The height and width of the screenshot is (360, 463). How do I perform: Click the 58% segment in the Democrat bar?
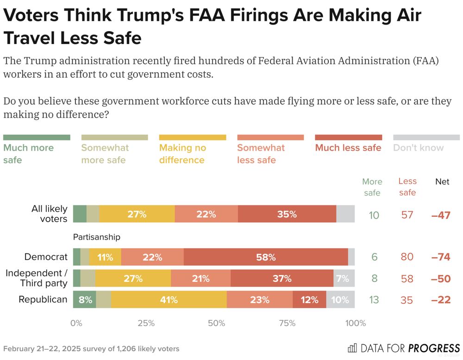pyautogui.click(x=266, y=257)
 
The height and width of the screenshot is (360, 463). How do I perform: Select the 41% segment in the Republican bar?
pyautogui.click(x=169, y=300)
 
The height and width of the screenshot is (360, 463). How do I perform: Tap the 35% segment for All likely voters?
pyautogui.click(x=287, y=215)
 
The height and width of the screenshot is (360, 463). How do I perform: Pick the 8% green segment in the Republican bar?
pyautogui.click(x=84, y=300)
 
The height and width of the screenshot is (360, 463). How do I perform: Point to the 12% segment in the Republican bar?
pyautogui.click(x=309, y=300)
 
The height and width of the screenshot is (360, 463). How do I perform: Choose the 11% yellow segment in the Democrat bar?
pyautogui.click(x=105, y=257)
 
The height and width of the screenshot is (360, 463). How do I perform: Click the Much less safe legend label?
pyautogui.click(x=348, y=148)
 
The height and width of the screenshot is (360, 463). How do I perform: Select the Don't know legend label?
pyautogui.click(x=418, y=148)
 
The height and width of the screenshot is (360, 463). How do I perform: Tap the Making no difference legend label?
pyautogui.click(x=182, y=154)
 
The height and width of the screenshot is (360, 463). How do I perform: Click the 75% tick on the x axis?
pyautogui.click(x=287, y=323)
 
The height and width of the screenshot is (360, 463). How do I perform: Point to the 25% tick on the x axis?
pyautogui.click(x=146, y=323)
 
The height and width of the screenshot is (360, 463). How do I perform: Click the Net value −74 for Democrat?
pyautogui.click(x=440, y=257)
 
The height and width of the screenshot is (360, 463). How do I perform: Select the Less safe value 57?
pyautogui.click(x=407, y=215)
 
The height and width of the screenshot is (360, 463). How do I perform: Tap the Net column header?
pyautogui.click(x=442, y=182)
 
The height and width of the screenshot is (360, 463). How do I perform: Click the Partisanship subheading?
pyautogui.click(x=97, y=237)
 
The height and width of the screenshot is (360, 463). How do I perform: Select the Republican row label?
pyautogui.click(x=43, y=300)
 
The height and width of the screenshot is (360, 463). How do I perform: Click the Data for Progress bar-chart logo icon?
pyautogui.click(x=352, y=348)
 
